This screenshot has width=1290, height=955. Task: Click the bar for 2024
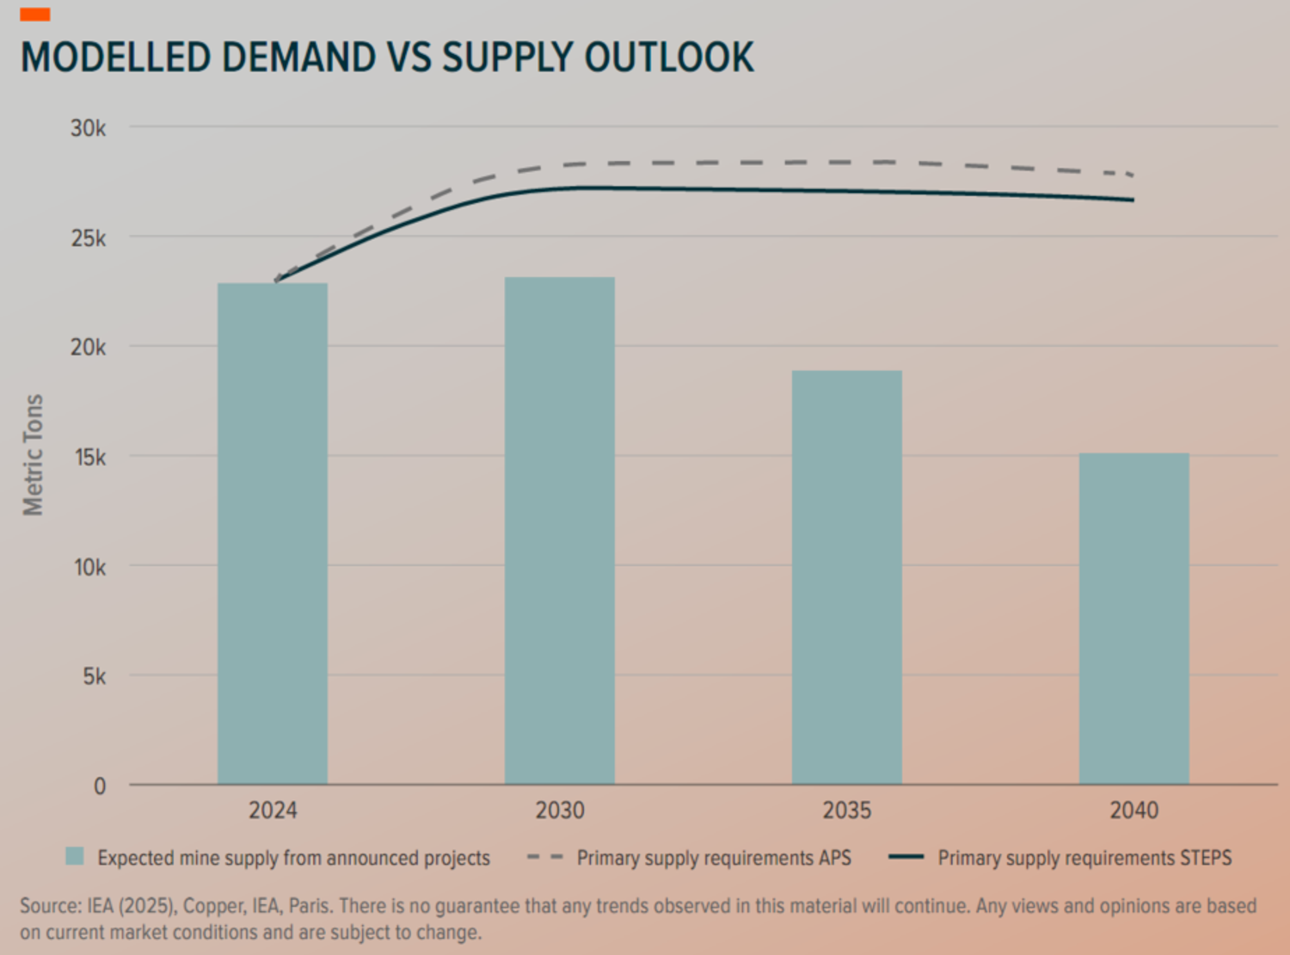273,533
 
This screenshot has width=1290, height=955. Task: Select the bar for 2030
560,530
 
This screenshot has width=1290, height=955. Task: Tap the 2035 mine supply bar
847,577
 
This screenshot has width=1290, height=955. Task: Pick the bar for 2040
1134,619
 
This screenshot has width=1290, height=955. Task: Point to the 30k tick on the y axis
89,128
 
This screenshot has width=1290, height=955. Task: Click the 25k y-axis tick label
89,238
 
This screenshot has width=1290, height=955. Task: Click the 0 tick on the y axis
100,786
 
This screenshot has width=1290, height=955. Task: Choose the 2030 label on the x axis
560,810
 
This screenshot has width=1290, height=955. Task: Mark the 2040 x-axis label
1134,810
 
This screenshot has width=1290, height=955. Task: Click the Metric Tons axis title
34,455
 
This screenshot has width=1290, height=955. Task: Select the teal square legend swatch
75,857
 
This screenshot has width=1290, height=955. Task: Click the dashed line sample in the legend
544,858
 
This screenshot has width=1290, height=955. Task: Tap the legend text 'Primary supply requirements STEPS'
1084,858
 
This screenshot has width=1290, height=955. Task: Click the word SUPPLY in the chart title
507,58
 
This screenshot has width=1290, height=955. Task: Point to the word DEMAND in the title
298,58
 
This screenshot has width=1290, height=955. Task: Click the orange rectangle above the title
35,15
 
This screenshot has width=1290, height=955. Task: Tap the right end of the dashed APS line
1132,175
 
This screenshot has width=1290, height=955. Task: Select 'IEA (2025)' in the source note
132,906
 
